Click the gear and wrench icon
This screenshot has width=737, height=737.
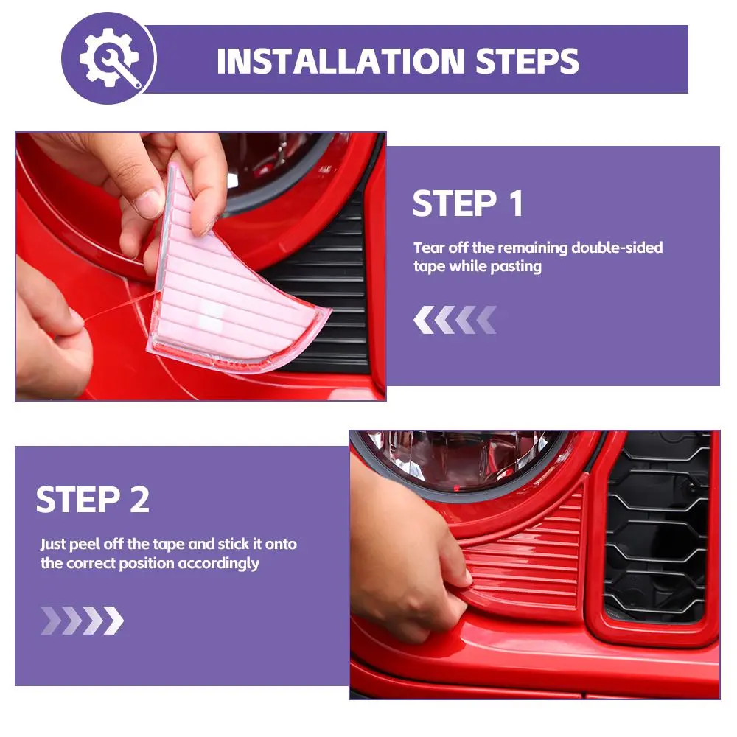110,57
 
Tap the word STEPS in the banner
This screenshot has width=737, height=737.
527,61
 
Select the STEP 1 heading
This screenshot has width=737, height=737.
468,203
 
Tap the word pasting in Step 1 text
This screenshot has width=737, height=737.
516,267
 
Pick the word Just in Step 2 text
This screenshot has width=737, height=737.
52,545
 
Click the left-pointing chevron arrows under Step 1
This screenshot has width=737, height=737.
455,320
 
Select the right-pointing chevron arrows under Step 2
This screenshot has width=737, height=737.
83,621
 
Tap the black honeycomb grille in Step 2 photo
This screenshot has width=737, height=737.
657,526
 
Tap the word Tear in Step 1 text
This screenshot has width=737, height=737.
429,247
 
